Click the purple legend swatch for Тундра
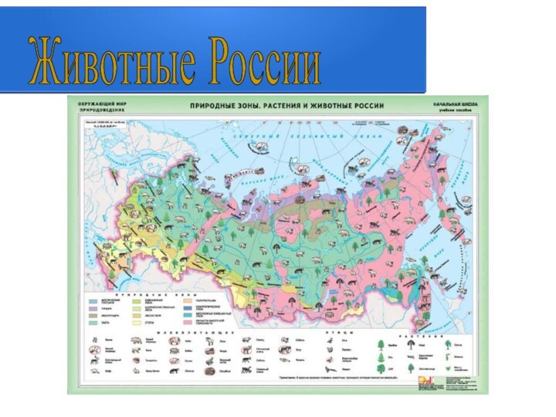click(95, 309)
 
